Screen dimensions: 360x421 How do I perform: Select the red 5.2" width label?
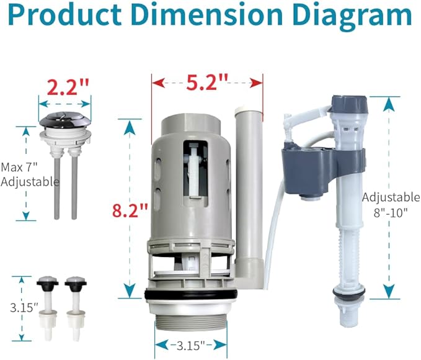click(207, 81)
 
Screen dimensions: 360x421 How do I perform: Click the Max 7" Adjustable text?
click(29, 174)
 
